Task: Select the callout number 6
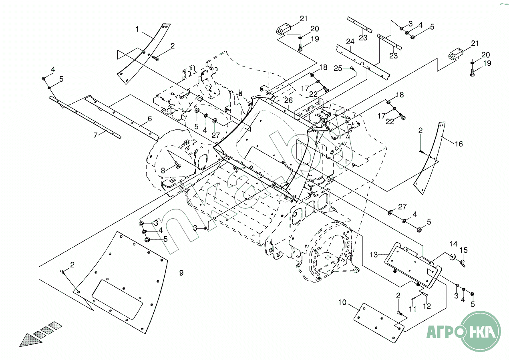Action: tap(150, 119)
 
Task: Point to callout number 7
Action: tap(95, 136)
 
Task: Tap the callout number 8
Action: tap(163, 170)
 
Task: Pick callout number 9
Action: tap(181, 273)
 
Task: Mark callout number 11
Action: tap(413, 309)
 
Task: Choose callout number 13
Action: tap(373, 254)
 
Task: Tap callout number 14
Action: tap(453, 244)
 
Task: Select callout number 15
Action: tap(464, 251)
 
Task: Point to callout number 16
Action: tap(459, 144)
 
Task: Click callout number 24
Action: tap(350, 42)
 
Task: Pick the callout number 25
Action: tap(338, 68)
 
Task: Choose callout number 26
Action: tap(288, 100)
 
